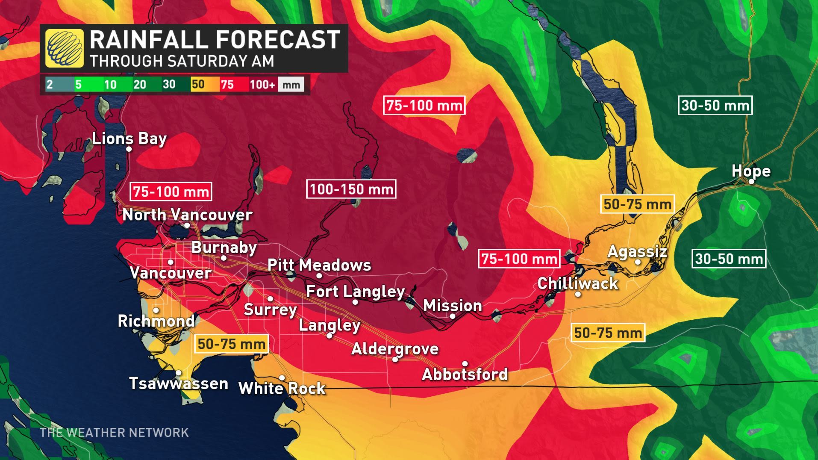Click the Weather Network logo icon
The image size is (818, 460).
coord(65,48)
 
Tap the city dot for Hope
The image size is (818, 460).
coord(751,181)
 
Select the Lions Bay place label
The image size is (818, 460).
coord(129,139)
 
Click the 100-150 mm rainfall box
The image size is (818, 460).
coord(351,189)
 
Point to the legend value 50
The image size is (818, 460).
coord(198,84)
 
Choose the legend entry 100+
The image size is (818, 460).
coord(262,84)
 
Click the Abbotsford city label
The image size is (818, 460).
coord(465,374)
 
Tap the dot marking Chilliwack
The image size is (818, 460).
coord(578,294)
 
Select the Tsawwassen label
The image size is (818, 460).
coord(179,383)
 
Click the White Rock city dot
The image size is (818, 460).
coord(282,378)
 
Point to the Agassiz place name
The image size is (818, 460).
coord(637,251)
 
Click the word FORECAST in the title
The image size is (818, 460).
coord(278,40)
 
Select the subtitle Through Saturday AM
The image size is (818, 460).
coord(182,61)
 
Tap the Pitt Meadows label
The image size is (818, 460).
coord(319,265)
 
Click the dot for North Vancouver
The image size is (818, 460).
coord(187,225)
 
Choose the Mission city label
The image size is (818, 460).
coord(452,306)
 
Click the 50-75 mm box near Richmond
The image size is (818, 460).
coord(231,344)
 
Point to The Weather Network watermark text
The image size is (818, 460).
coord(114,433)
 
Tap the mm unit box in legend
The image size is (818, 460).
coord(291,84)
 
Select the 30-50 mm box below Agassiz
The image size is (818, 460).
coord(729,259)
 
